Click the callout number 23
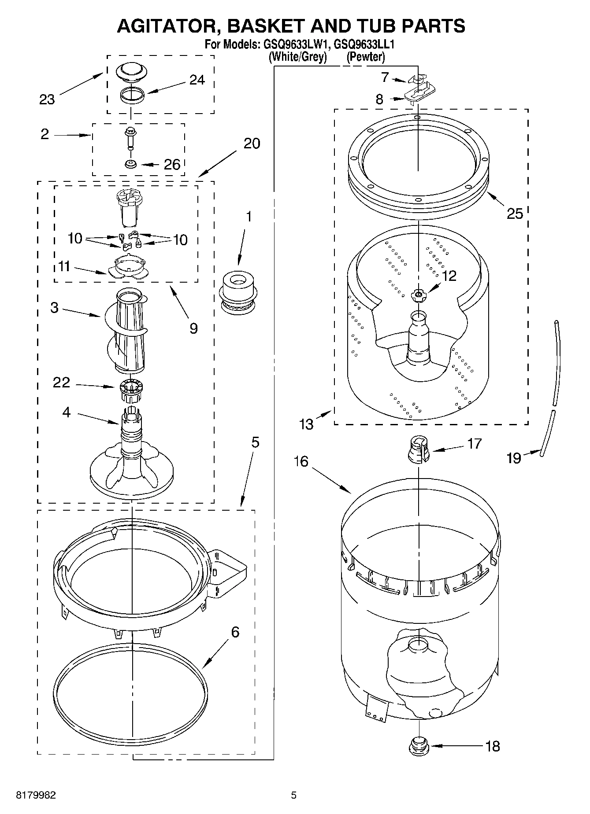click(47, 100)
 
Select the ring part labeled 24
click(132, 95)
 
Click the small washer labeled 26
click(131, 164)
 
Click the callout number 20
click(252, 144)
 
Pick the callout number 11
click(64, 266)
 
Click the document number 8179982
click(36, 795)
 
